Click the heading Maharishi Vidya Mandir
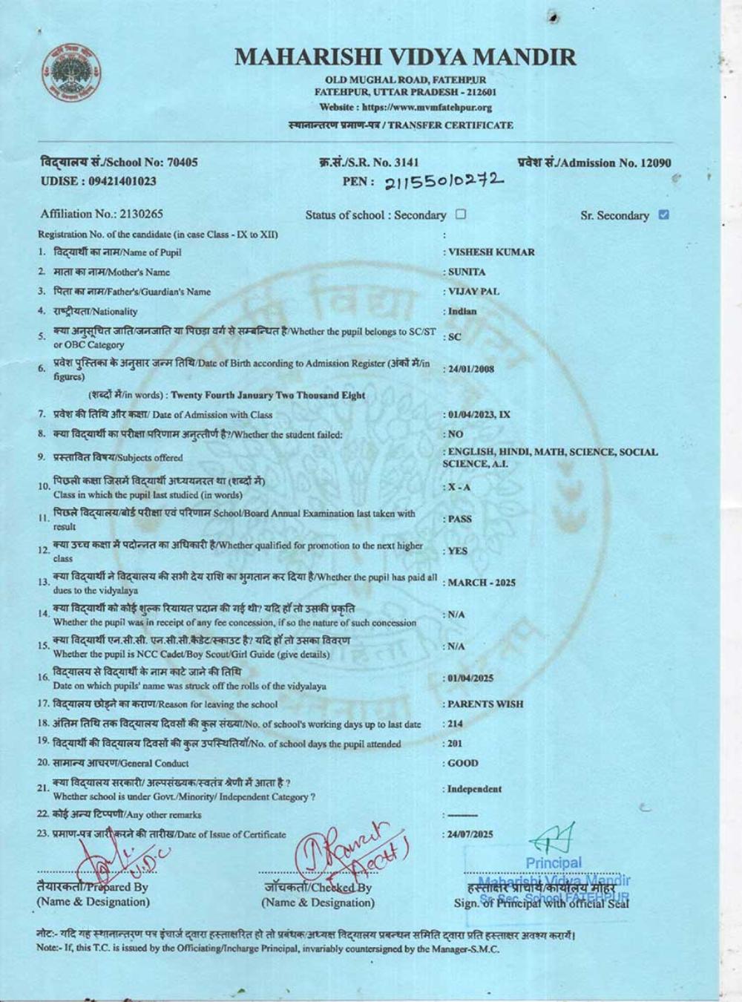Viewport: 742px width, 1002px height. pyautogui.click(x=405, y=57)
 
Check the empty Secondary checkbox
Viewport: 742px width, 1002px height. pyautogui.click(x=461, y=215)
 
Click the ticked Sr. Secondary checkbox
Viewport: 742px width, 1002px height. pyautogui.click(x=663, y=215)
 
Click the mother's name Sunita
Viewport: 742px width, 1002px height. pyautogui.click(x=467, y=272)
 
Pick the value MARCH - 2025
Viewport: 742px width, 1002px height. pyautogui.click(x=482, y=583)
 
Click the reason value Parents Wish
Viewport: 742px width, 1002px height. pyautogui.click(x=486, y=704)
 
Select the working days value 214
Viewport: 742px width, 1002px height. pyautogui.click(x=455, y=724)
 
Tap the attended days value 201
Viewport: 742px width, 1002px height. pyautogui.click(x=455, y=743)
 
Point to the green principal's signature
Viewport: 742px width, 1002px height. pyautogui.click(x=553, y=838)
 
